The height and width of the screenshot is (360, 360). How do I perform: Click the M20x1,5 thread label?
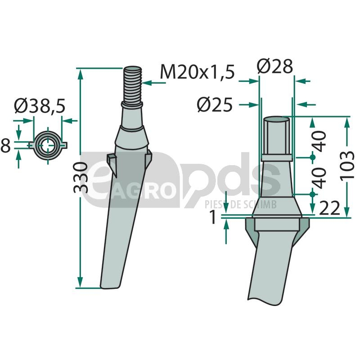[x=197, y=72]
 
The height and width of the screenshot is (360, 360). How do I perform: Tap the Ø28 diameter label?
[x=275, y=66]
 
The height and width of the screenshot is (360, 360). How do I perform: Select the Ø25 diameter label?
[x=215, y=105]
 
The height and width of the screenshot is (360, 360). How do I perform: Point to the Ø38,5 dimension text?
[x=40, y=106]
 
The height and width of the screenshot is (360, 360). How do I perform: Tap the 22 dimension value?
[x=329, y=208]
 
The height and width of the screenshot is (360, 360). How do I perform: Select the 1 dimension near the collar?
[x=213, y=217]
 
